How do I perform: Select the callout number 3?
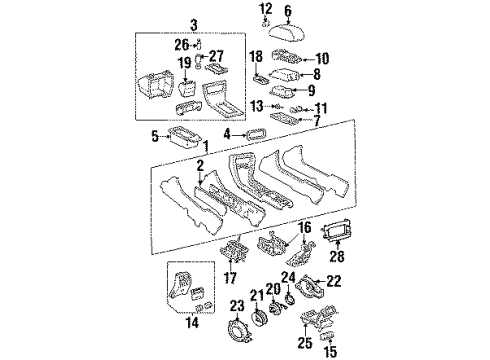coord(140,22)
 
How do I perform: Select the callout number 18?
coord(256,57)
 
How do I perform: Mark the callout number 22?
coord(334,283)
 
